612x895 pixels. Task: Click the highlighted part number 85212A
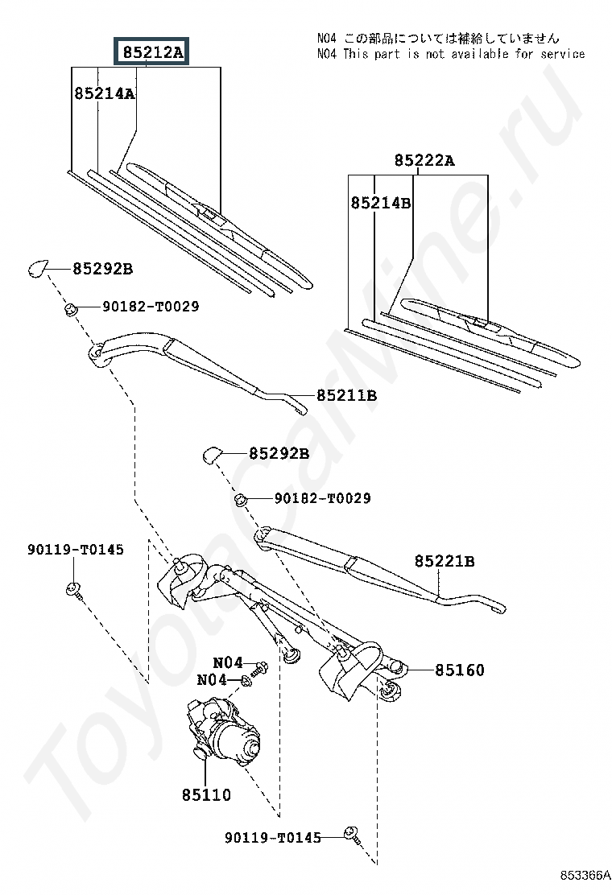click(x=152, y=52)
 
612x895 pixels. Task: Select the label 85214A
click(x=105, y=93)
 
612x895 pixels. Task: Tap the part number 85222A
click(x=424, y=160)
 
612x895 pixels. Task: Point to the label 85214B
click(x=381, y=203)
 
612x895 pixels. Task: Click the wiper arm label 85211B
click(x=346, y=395)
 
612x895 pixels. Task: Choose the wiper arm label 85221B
click(x=445, y=561)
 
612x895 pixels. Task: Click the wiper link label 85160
click(x=460, y=670)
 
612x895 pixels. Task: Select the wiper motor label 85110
click(x=206, y=794)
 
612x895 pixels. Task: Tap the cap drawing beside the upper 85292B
click(x=38, y=268)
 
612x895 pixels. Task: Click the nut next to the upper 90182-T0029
click(x=71, y=310)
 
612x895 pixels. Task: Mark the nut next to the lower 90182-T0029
click(x=241, y=500)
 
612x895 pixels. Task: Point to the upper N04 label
click(x=228, y=662)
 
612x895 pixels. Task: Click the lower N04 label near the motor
click(x=212, y=680)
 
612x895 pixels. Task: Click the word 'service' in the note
click(x=563, y=54)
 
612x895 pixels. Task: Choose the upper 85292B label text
click(x=103, y=269)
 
